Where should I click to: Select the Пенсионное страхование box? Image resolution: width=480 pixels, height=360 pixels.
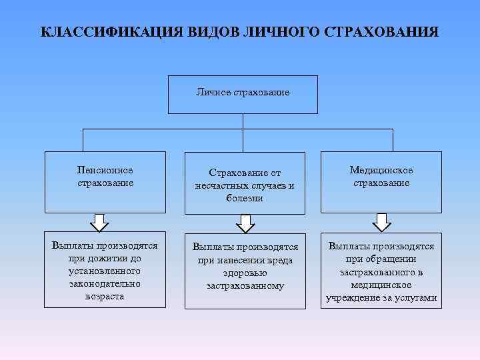(x=105, y=182)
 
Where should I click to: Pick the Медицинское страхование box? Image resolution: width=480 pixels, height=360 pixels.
(x=381, y=182)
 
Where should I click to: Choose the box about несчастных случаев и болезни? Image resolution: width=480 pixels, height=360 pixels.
(x=245, y=183)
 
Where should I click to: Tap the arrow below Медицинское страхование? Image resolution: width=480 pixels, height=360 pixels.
(x=381, y=221)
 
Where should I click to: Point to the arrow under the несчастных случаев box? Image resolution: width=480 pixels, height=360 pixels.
(x=245, y=223)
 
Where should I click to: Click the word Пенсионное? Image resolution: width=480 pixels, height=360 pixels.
(x=105, y=171)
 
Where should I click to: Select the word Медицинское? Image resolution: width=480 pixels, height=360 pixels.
(x=381, y=171)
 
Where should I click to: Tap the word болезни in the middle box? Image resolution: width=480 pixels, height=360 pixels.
(x=245, y=198)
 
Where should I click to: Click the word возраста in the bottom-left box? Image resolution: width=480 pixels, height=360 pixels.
(x=105, y=297)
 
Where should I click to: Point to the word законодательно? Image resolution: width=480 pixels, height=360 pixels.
(x=105, y=284)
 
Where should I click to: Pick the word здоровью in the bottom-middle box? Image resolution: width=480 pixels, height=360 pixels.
(x=245, y=273)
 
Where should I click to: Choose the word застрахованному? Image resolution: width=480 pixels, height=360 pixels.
(x=245, y=285)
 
